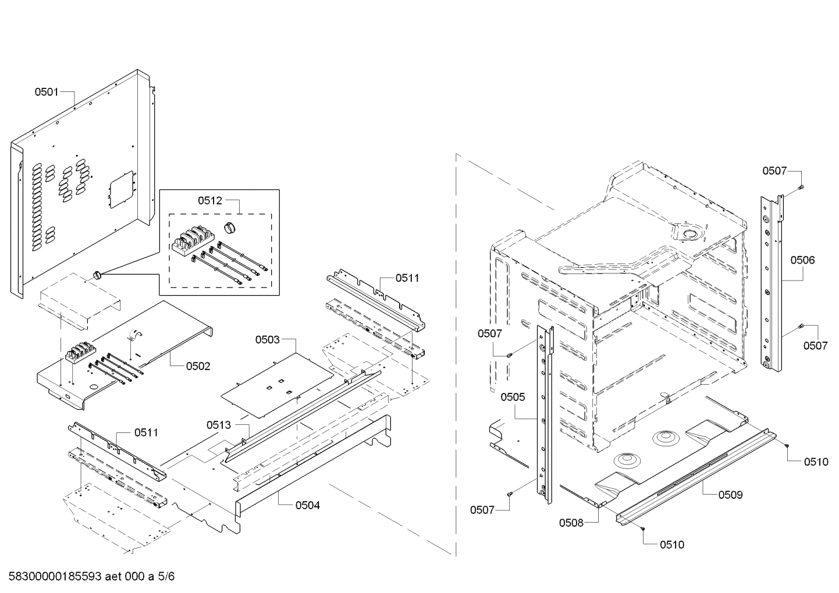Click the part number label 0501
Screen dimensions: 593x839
click(46, 91)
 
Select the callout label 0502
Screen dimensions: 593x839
click(198, 366)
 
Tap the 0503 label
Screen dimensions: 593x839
click(267, 339)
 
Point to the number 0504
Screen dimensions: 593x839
click(307, 505)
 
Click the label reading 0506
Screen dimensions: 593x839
click(802, 260)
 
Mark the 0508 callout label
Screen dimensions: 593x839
click(571, 523)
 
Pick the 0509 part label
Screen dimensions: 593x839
click(730, 495)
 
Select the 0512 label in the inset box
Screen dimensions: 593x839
click(209, 201)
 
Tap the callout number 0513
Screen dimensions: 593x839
click(218, 425)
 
